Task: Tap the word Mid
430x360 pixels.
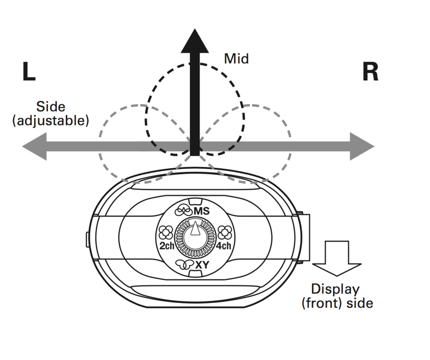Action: point(236,58)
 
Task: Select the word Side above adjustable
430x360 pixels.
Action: point(50,107)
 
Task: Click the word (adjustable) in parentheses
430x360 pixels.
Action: point(51,121)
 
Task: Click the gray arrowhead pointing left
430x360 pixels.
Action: point(34,146)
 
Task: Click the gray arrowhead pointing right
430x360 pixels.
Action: point(362,146)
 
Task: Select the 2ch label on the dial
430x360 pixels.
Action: point(167,246)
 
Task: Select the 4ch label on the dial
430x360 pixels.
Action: point(223,246)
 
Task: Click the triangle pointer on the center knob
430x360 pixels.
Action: point(194,229)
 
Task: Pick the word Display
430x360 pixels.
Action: point(335,290)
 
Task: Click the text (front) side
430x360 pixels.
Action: point(337,303)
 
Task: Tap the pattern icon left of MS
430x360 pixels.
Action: point(184,209)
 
